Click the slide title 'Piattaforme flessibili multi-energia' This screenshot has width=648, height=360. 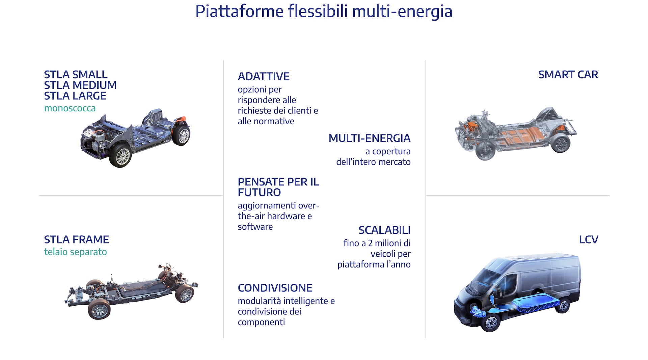(324, 11)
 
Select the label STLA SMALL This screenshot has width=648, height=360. (76, 74)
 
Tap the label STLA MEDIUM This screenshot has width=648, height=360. (80, 85)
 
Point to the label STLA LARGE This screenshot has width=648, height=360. (75, 96)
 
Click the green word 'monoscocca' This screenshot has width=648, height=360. (70, 108)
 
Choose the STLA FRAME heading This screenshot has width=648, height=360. (77, 239)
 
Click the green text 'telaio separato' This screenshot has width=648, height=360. (76, 252)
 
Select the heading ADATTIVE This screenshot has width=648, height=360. (264, 76)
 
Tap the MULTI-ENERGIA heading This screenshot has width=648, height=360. (370, 138)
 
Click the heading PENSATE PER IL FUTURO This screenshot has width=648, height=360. (278, 187)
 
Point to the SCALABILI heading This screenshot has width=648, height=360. (384, 230)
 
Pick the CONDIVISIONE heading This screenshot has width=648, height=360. (275, 288)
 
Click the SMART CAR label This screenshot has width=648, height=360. (568, 74)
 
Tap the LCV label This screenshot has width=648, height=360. (589, 239)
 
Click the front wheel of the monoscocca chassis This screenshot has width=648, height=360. (120, 156)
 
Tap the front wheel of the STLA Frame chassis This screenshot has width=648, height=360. (99, 309)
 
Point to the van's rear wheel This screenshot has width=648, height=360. (562, 306)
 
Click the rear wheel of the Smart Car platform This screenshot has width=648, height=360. (561, 143)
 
